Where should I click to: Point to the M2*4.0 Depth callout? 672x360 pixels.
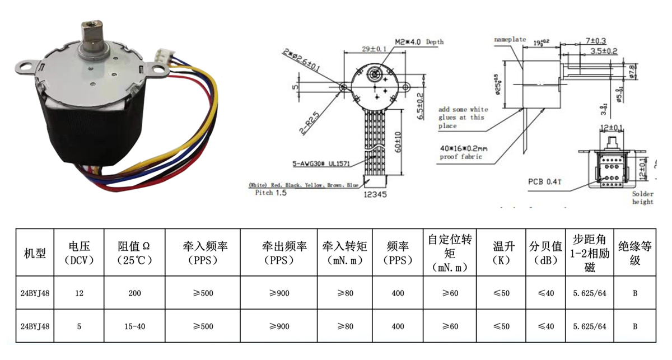(x=419, y=42)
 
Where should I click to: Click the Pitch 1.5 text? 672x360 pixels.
(x=272, y=193)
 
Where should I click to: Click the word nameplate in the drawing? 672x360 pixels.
(x=510, y=40)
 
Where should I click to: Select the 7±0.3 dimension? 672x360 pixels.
(x=596, y=41)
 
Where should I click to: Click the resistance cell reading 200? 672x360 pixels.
(x=135, y=293)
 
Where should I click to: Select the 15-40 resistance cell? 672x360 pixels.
(x=135, y=326)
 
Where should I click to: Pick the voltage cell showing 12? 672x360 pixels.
(x=79, y=293)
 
